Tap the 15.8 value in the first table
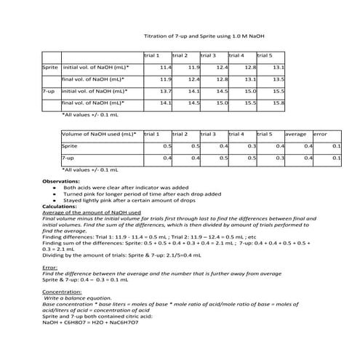(278, 103)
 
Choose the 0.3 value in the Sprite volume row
(252, 146)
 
